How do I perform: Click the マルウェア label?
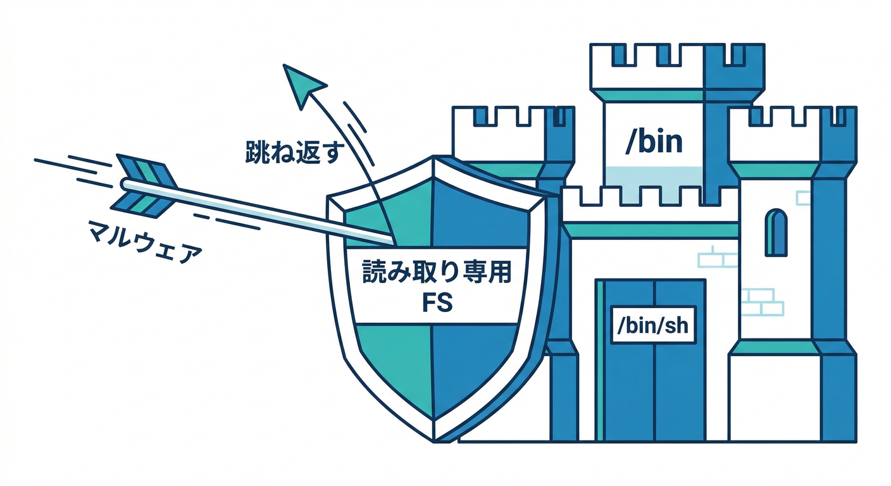click(146, 244)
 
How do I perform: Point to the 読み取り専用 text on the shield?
click(436, 274)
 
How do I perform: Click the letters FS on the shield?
click(437, 303)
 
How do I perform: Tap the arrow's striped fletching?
click(144, 184)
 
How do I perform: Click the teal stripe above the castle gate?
click(652, 230)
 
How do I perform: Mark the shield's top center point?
click(435, 159)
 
